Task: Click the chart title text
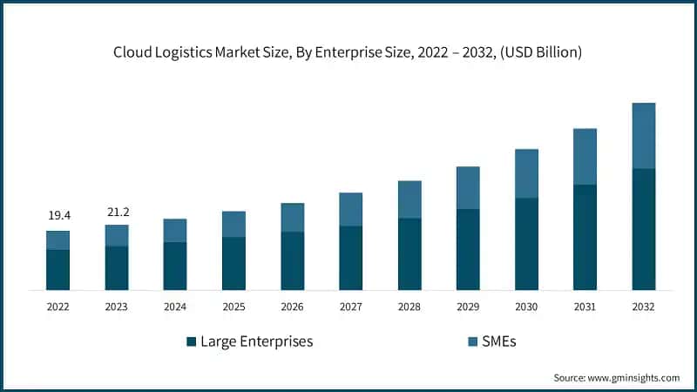tap(348, 52)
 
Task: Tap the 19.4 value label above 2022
tap(58, 215)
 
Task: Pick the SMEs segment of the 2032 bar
tap(643, 136)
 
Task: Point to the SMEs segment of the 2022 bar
tap(58, 240)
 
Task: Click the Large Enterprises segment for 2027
tap(350, 258)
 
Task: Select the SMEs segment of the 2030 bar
tap(526, 174)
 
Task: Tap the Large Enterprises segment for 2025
tap(233, 263)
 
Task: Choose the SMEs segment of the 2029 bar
tap(468, 188)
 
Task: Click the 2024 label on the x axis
tap(174, 307)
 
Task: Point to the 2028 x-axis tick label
tap(409, 307)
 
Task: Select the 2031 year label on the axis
tap(585, 307)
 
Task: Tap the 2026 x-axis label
tap(292, 307)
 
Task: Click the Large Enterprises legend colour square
tap(191, 341)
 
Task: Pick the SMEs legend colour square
tap(472, 341)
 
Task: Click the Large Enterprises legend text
tap(257, 341)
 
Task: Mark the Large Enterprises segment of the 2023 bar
tap(116, 268)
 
